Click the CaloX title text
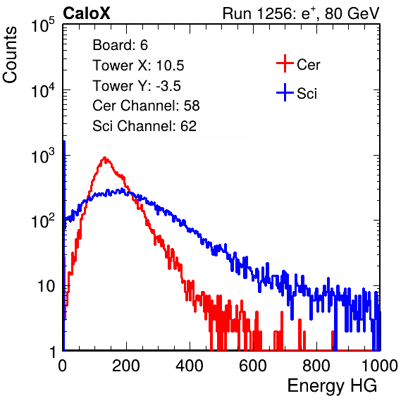86,13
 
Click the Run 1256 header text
301,13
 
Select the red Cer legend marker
285,63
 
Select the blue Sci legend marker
285,93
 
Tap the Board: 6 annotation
120,45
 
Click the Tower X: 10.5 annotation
138,66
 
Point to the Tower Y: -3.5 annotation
137,86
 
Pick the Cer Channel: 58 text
146,106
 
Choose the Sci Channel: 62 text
144,126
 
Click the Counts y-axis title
10,55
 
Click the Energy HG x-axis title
332,386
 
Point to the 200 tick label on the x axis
126,366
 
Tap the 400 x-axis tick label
190,366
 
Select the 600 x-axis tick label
253,366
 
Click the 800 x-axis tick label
316,366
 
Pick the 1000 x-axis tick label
380,366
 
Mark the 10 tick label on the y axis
47,286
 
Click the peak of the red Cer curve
104,157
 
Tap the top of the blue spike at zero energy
64,142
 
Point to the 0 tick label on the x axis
63,366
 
